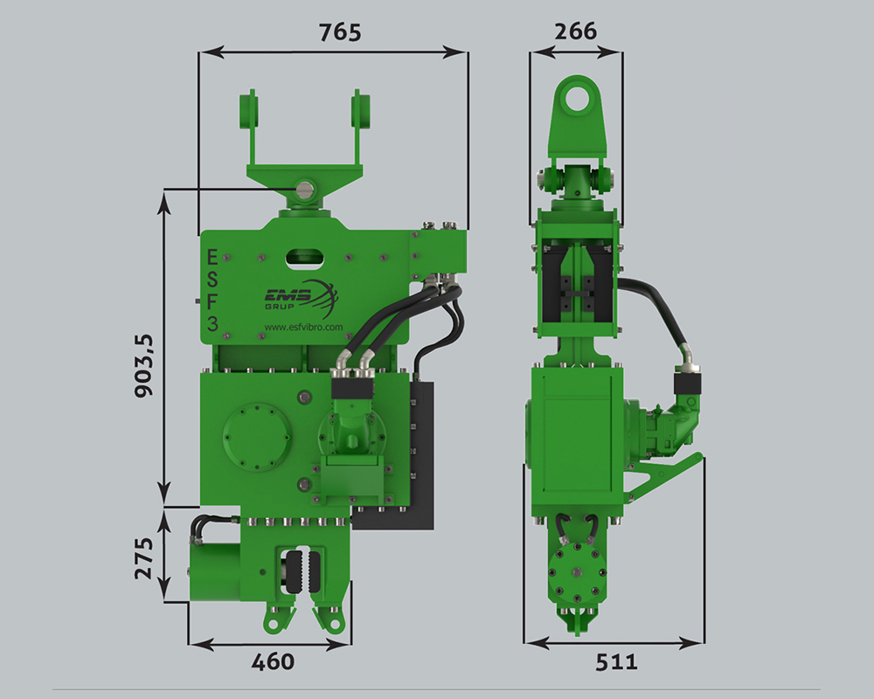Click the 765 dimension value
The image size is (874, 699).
[x=340, y=32]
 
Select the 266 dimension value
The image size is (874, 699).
[x=576, y=31]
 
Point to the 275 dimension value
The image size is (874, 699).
[x=144, y=558]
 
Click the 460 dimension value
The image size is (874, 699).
[x=273, y=661]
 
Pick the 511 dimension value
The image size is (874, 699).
[x=616, y=662]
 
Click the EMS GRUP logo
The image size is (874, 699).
[x=301, y=298]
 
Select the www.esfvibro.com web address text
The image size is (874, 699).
[x=304, y=327]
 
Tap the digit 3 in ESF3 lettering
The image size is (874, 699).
[x=212, y=322]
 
